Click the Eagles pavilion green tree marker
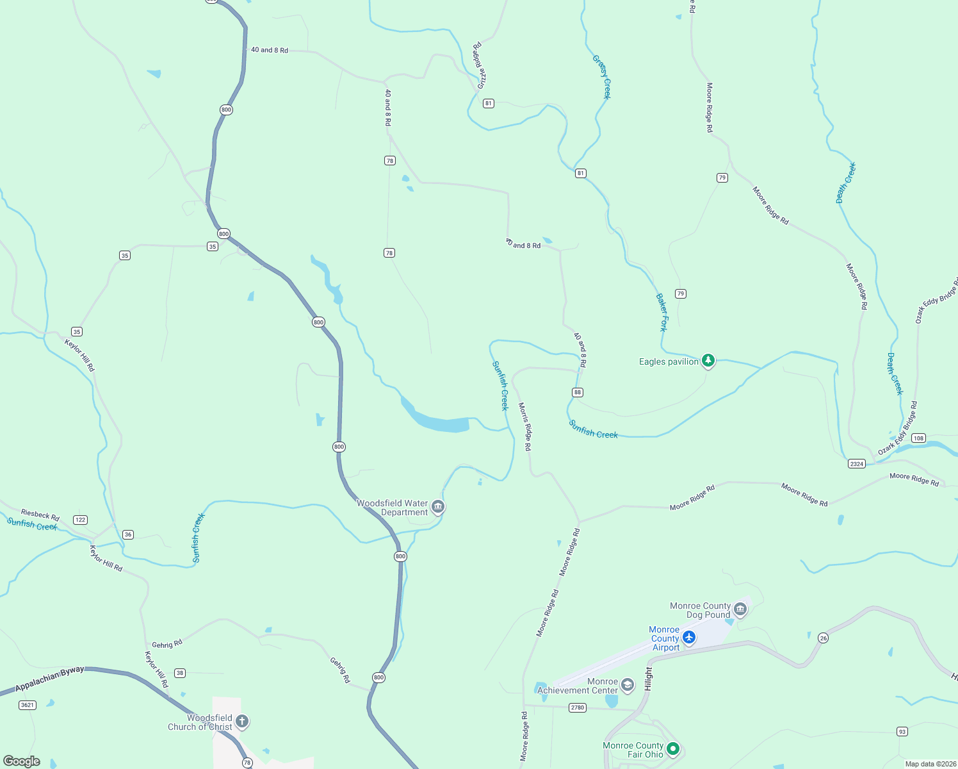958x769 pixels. (x=708, y=361)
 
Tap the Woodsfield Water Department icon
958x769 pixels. (x=438, y=507)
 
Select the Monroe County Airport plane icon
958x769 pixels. (x=689, y=637)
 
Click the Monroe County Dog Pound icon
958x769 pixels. (x=740, y=609)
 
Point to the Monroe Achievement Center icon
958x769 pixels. (x=628, y=685)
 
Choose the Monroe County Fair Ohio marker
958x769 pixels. (x=672, y=748)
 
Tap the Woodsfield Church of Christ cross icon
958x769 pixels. (x=241, y=722)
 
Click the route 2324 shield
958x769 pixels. (x=857, y=463)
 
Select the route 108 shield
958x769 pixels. (x=918, y=438)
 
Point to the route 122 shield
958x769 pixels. (x=80, y=520)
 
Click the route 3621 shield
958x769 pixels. (x=28, y=705)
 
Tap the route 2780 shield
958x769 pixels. (x=578, y=707)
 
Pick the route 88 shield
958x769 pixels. (x=578, y=392)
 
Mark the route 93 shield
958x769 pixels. (x=902, y=731)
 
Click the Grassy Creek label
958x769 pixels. (x=602, y=77)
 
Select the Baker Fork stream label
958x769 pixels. (x=662, y=312)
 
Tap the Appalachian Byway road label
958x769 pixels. (x=50, y=679)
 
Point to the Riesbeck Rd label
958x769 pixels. (x=40, y=515)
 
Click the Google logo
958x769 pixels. (x=22, y=761)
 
